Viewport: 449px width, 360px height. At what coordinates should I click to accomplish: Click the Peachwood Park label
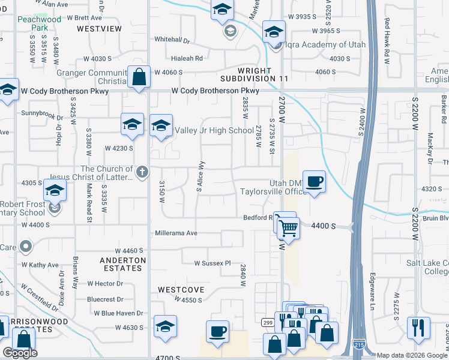pyautogui.click(x=49, y=24)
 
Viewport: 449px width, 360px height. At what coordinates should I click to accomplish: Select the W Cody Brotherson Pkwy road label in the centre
pyautogui.click(x=215, y=91)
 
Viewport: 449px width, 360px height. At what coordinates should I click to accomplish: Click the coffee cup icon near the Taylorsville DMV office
pyautogui.click(x=314, y=181)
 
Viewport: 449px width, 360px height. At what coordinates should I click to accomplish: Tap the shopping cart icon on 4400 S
pyautogui.click(x=288, y=227)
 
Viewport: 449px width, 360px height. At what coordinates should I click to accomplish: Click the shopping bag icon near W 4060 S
pyautogui.click(x=139, y=77)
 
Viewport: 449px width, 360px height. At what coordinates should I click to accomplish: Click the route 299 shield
pyautogui.click(x=267, y=322)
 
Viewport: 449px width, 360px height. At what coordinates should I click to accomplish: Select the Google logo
pyautogui.click(x=20, y=353)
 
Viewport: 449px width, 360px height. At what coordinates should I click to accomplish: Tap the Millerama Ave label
pyautogui.click(x=176, y=233)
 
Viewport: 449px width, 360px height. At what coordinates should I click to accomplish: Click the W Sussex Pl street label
pyautogui.click(x=212, y=263)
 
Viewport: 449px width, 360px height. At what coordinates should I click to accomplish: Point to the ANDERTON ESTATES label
pyautogui.click(x=122, y=264)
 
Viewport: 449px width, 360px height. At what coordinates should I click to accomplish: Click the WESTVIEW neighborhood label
pyautogui.click(x=99, y=28)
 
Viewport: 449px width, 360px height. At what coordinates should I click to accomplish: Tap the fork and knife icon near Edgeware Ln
pyautogui.click(x=418, y=327)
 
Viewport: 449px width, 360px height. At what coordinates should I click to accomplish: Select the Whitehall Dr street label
pyautogui.click(x=172, y=40)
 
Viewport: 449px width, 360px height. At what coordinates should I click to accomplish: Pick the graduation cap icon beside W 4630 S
pyautogui.click(x=165, y=326)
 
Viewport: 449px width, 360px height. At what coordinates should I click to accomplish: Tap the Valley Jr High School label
pyautogui.click(x=214, y=130)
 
